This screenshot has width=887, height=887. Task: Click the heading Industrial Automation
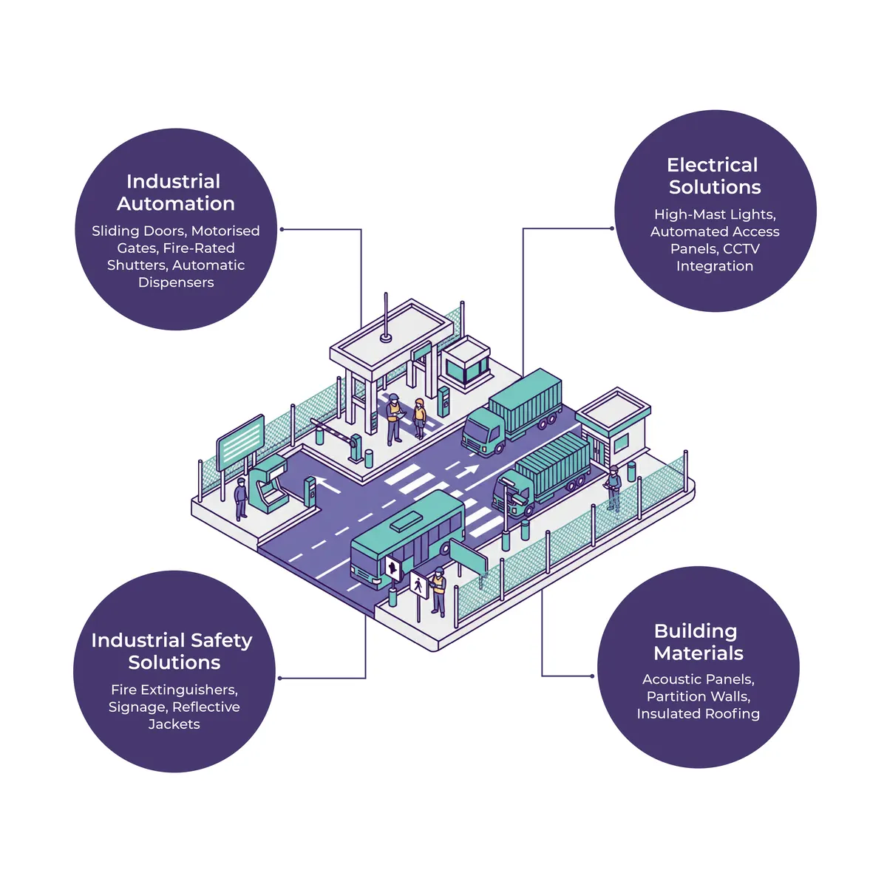point(175,192)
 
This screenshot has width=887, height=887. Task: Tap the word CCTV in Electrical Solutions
point(741,249)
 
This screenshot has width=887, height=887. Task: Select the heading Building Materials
point(698,642)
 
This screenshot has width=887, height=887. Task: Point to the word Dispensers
point(176,282)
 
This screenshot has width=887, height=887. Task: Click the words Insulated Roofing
point(698,713)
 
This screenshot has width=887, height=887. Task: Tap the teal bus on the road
point(407,536)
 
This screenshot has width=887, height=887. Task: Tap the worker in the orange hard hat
point(419,417)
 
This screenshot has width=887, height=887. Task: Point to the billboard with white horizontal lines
point(240,441)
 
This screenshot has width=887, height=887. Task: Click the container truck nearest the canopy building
point(512,411)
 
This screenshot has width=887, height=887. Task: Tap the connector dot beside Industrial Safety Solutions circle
point(280,678)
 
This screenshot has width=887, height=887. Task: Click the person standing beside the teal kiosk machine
point(240,498)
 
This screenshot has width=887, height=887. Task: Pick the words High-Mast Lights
point(715,214)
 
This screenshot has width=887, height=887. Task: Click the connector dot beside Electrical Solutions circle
point(612,228)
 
